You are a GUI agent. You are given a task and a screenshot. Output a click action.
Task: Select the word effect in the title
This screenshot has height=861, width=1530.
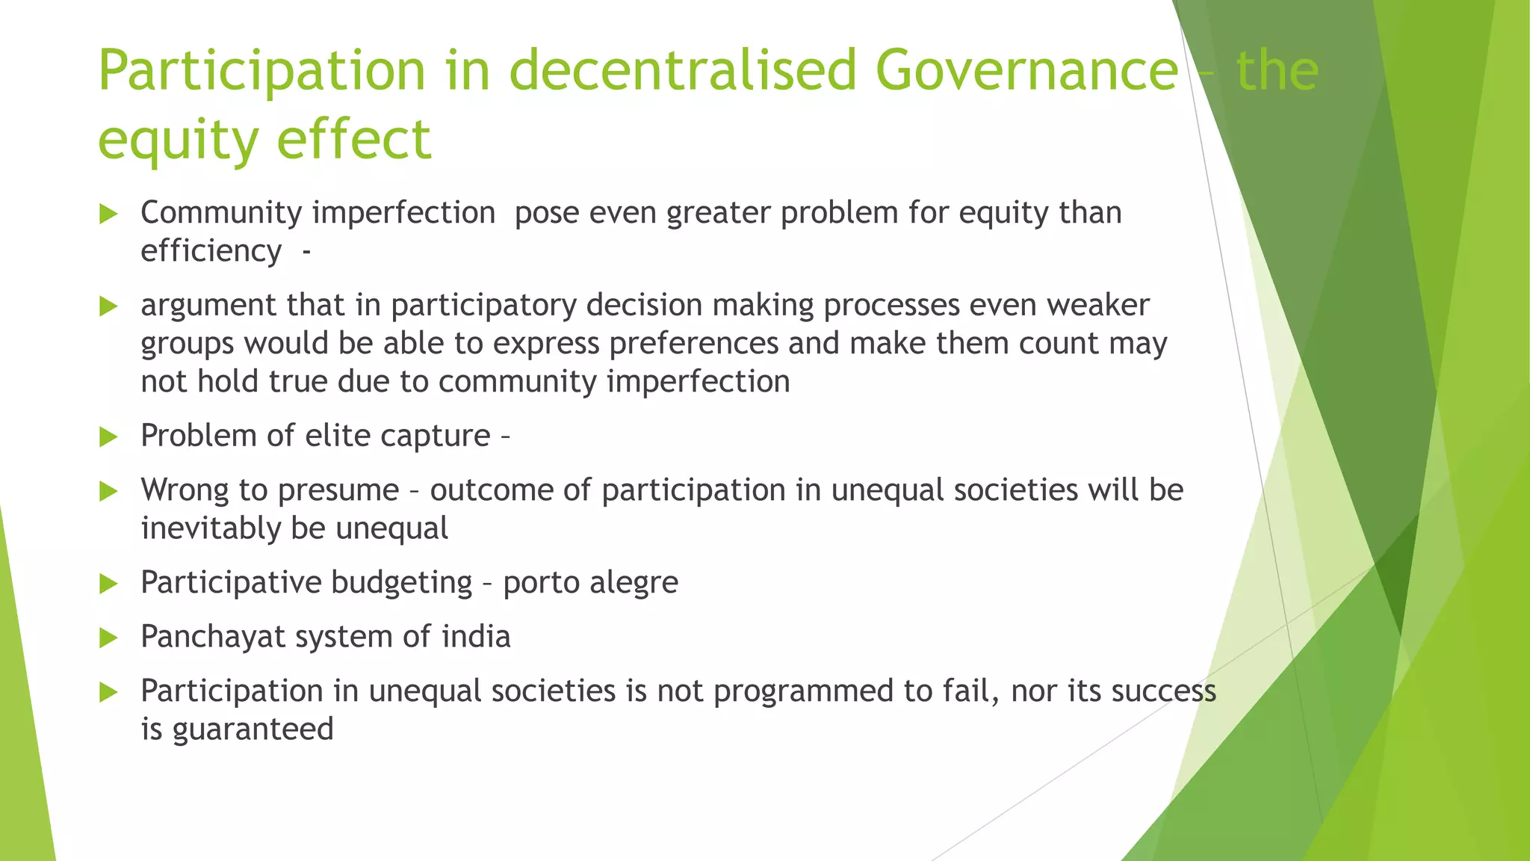(354, 140)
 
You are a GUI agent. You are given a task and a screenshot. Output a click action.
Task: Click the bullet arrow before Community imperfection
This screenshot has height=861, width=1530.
(109, 215)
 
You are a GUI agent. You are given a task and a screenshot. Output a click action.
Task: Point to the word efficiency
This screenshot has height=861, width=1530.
(211, 251)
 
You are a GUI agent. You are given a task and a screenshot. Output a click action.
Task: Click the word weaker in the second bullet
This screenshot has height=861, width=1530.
(1097, 305)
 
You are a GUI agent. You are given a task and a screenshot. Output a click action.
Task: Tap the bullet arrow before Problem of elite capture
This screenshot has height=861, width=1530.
(109, 437)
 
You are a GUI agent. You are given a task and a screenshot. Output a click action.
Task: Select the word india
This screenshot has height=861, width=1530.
(476, 637)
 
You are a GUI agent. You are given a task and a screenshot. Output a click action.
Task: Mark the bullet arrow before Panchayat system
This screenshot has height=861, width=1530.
(109, 638)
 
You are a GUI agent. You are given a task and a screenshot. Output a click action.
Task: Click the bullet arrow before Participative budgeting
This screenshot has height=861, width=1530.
(109, 584)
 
